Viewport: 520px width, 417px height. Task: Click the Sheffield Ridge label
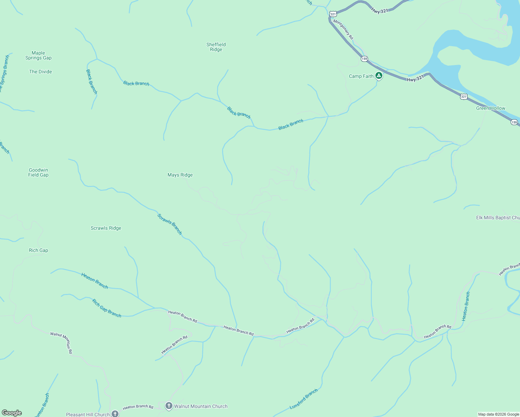pos(216,47)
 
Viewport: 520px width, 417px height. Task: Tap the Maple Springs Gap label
pos(38,56)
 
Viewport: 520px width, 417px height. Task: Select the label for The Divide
pos(40,72)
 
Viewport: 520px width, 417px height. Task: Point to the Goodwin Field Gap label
pos(38,172)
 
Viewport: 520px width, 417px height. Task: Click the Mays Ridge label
pos(180,175)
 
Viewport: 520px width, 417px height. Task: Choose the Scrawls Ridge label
pos(106,228)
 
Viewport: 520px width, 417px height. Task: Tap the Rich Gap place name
pos(38,250)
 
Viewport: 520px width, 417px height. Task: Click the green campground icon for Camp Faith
pos(379,76)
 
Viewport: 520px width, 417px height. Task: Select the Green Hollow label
pos(490,108)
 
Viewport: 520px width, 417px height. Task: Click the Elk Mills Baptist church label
pos(498,218)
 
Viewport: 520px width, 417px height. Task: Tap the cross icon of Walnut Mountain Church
pos(169,406)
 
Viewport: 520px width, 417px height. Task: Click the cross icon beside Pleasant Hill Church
pos(115,414)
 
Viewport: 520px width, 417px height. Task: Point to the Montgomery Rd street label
pos(343,29)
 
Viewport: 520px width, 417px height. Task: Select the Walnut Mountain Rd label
pos(61,343)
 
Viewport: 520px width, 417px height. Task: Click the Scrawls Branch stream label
pos(170,224)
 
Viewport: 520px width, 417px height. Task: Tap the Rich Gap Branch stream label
pos(107,308)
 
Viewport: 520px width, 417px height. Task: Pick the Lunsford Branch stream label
pos(303,399)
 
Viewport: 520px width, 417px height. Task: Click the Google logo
pos(12,413)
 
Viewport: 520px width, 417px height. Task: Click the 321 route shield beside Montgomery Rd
pos(333,14)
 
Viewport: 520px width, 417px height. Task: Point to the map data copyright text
pos(498,414)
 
